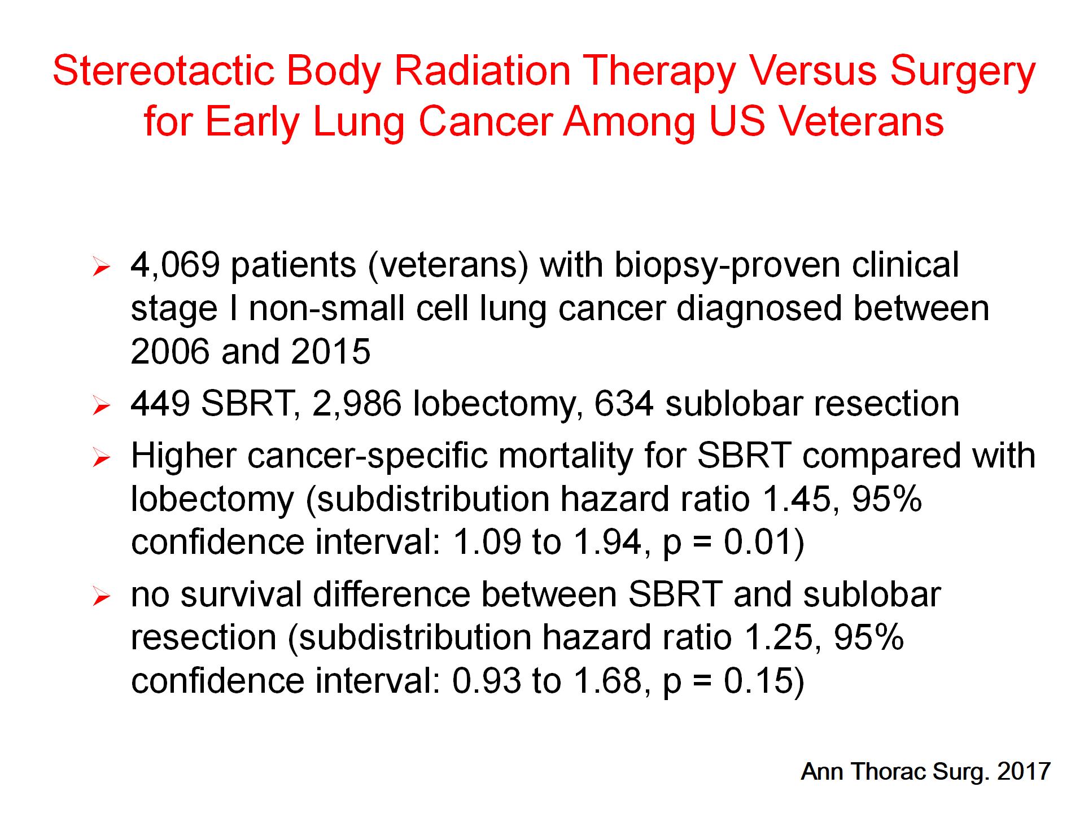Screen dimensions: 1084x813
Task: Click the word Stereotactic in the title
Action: (164, 71)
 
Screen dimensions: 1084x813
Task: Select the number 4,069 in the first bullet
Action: (175, 265)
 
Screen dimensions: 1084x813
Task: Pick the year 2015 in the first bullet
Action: (331, 352)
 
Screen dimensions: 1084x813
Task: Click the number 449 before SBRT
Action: (160, 404)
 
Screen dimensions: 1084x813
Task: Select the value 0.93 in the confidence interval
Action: (487, 681)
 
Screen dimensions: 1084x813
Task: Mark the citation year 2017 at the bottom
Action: (1024, 771)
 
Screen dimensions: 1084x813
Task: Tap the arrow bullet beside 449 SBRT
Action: (100, 406)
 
